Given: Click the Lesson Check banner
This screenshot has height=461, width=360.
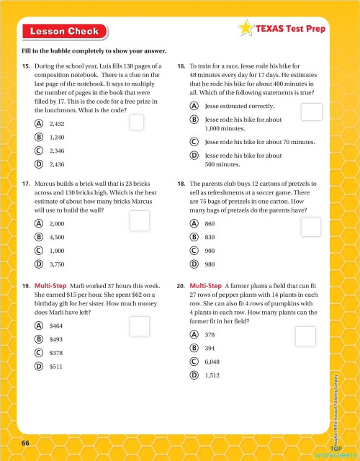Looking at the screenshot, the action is [63, 31].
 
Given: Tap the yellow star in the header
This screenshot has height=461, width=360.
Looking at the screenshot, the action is [245, 30].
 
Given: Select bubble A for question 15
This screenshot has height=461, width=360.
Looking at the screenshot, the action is [37, 123].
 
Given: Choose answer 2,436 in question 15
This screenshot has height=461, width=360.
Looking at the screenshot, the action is [58, 164].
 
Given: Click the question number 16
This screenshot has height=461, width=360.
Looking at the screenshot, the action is [181, 66].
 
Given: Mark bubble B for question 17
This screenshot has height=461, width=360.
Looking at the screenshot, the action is [37, 237].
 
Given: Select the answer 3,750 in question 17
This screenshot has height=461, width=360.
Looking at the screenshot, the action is [58, 264].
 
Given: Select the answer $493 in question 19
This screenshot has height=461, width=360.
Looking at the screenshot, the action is [56, 339].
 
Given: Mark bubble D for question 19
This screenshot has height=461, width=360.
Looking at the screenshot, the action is [37, 366].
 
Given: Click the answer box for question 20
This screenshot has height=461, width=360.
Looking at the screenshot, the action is [305, 336].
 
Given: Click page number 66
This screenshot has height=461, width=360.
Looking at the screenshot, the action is [25, 442].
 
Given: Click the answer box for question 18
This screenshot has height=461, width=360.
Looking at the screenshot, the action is [310, 227].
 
